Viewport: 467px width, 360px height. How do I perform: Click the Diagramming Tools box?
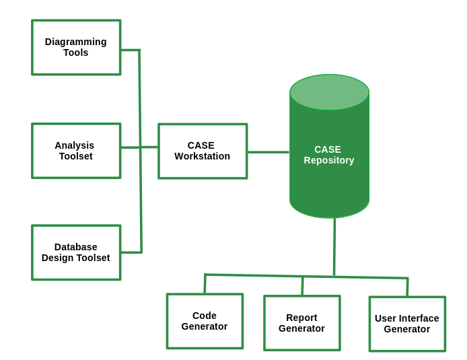coord(76,47)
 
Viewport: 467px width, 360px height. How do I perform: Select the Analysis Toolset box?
coord(76,151)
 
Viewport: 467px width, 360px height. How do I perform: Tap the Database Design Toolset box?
coord(76,252)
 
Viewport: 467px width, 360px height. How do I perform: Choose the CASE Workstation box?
coord(203,151)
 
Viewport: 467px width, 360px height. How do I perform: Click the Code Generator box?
coord(205,321)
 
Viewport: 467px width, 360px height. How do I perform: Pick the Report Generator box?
coord(301,323)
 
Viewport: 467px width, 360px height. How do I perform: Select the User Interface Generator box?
coord(407,324)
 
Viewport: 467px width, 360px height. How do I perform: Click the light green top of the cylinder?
coord(329,92)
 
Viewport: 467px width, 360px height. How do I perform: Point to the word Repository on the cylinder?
coord(329,161)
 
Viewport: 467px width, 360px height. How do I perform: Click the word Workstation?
coord(203,157)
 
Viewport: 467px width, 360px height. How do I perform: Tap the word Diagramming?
coord(76,42)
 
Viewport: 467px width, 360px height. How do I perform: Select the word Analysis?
coord(75,145)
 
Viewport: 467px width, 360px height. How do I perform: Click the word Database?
coord(76,247)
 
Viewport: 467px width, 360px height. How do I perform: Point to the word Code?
coord(205,316)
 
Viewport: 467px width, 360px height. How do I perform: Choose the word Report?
coord(301,318)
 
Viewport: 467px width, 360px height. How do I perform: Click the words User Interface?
coord(407,318)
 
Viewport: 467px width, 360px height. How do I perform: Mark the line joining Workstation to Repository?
coord(268,152)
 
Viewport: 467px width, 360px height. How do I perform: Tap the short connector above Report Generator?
coord(302,286)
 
